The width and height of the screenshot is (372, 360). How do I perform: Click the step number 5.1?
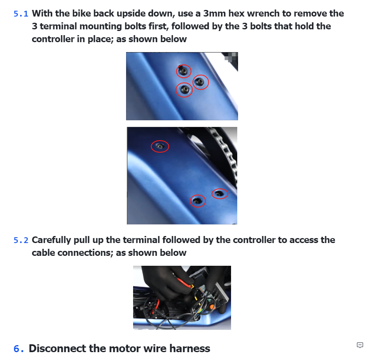point(21,14)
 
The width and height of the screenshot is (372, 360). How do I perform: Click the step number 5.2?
point(21,240)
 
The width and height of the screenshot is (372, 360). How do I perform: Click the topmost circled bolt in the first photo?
point(184,71)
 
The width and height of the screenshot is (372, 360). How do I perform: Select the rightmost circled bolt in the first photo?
point(201,82)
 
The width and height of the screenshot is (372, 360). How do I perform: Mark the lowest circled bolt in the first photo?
point(184,89)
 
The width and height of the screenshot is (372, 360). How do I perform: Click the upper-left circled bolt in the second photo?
point(160,146)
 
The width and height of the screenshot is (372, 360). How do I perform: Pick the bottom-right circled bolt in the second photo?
point(219,193)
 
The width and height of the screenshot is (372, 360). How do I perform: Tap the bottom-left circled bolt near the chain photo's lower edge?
point(198,201)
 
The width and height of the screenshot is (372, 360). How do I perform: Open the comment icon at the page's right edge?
point(360,345)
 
